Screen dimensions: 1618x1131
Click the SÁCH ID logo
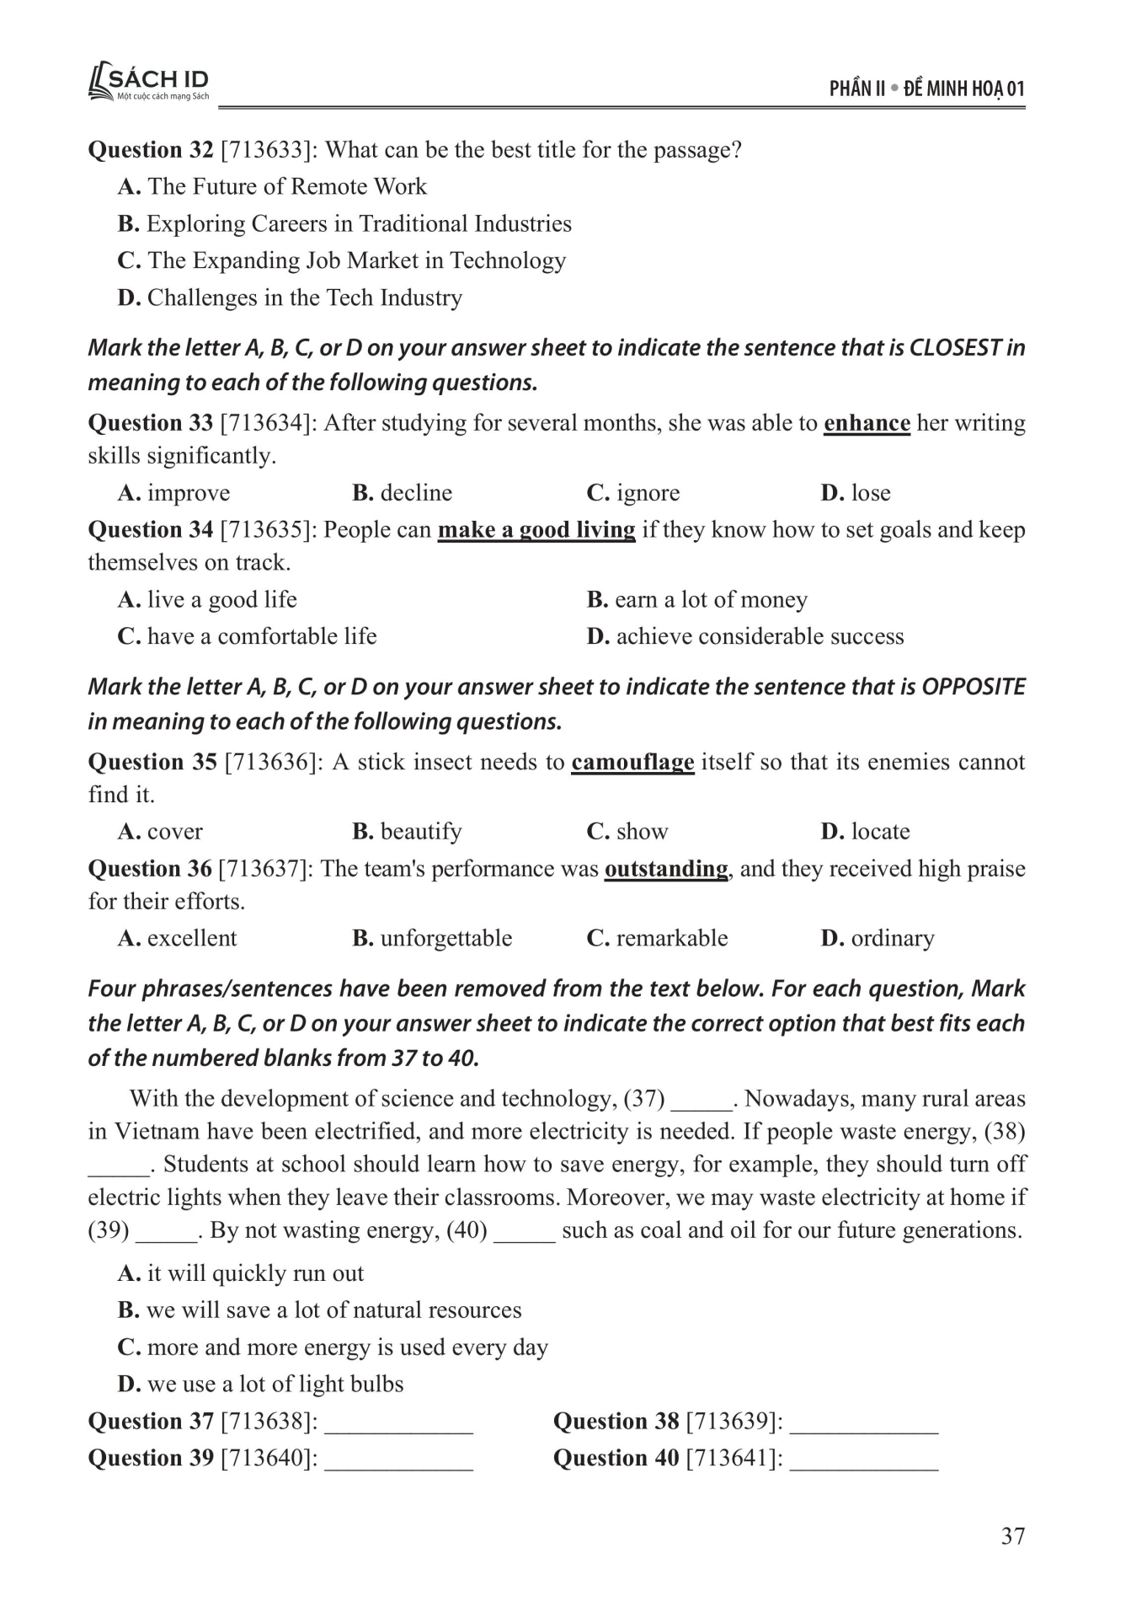(148, 83)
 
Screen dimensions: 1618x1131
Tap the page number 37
(1012, 1535)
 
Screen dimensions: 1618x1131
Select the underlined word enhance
(867, 422)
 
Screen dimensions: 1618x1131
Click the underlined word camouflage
(632, 762)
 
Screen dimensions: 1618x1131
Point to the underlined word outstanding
(666, 868)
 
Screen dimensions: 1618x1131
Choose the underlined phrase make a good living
(536, 529)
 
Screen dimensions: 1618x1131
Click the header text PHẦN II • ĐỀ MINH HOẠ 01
(926, 88)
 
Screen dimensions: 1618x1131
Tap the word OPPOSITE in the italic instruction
(974, 686)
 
